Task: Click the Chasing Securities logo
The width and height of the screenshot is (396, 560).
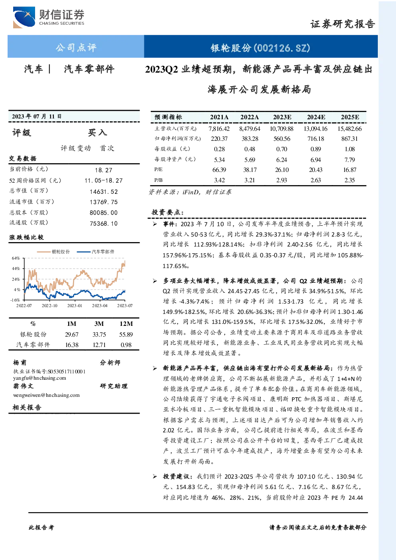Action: click(x=49, y=17)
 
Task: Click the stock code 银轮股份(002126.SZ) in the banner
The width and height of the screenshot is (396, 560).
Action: click(x=260, y=47)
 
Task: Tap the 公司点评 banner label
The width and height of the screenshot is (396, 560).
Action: click(x=76, y=47)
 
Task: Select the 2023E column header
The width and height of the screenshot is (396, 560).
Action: click(x=282, y=117)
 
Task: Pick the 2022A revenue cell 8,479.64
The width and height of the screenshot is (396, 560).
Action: click(x=250, y=129)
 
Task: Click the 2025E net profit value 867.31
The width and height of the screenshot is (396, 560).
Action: click(x=349, y=139)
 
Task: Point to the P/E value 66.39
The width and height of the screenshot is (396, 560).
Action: click(x=219, y=170)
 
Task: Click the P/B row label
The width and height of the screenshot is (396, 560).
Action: click(x=158, y=180)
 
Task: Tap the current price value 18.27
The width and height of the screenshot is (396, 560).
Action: click(x=104, y=170)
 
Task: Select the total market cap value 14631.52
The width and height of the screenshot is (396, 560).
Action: click(x=104, y=192)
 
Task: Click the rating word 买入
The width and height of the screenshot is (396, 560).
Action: click(x=97, y=132)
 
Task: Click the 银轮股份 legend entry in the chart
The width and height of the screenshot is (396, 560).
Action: click(x=53, y=252)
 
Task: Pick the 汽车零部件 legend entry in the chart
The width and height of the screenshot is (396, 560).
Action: click(x=95, y=252)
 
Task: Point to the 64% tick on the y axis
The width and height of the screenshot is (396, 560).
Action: click(x=16, y=258)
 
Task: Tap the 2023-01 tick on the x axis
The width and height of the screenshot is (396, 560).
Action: click(x=75, y=306)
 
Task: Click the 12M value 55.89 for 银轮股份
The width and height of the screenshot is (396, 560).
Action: click(x=126, y=335)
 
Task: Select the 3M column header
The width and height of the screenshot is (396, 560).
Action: click(x=99, y=324)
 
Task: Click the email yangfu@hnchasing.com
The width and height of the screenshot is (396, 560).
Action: click(x=39, y=378)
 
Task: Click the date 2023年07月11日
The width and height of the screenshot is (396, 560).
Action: click(x=37, y=116)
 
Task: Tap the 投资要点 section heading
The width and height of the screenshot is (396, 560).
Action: click(x=168, y=212)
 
